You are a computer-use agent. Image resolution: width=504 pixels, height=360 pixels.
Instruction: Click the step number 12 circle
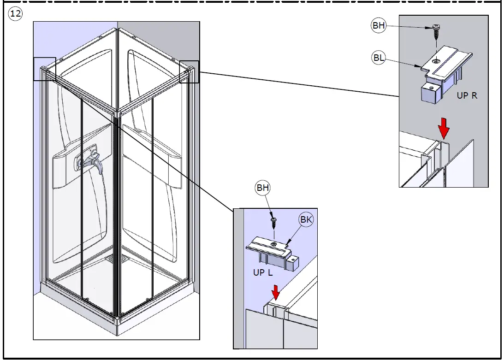click(15, 14)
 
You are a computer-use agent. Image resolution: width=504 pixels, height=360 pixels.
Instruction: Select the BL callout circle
click(379, 58)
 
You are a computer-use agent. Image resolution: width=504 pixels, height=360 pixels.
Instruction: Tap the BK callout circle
click(306, 219)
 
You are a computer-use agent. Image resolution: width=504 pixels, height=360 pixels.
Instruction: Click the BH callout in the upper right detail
click(379, 25)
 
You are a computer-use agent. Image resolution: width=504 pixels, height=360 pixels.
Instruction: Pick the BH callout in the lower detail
click(263, 188)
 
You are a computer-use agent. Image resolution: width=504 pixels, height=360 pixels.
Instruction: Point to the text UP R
click(467, 95)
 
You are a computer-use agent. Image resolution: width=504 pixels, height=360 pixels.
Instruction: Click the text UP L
click(263, 272)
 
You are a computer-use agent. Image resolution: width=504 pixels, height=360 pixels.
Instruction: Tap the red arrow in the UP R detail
click(444, 128)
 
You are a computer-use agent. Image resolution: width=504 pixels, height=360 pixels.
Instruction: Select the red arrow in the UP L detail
click(275, 292)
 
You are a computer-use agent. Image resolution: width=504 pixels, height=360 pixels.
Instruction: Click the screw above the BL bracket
click(436, 31)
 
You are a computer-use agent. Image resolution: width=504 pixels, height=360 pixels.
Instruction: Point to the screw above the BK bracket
click(274, 223)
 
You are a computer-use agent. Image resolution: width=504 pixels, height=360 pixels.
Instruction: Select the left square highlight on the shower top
click(45, 69)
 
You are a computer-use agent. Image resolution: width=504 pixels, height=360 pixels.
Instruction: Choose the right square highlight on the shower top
click(190, 72)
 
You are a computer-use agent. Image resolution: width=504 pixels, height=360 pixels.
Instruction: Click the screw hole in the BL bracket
click(436, 60)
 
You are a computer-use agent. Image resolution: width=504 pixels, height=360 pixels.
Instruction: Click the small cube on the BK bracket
click(292, 263)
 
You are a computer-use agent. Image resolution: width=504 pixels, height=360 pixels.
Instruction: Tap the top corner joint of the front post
click(117, 113)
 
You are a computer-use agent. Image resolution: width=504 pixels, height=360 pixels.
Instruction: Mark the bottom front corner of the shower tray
click(117, 334)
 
